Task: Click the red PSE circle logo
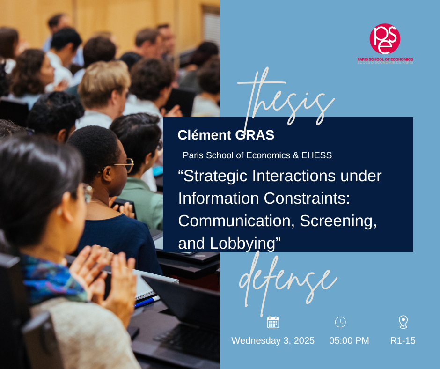coord(385,39)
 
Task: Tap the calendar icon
coord(273,322)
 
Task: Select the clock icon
coord(340,322)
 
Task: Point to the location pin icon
coord(403,322)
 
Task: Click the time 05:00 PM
coord(349,340)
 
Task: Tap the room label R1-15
coord(403,340)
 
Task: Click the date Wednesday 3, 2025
coord(273,340)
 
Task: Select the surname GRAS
coord(255,135)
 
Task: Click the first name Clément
coord(204,135)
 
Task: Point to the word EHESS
coord(316,155)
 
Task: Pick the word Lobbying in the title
coord(242,243)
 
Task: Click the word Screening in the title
coord(338,221)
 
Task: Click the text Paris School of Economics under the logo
coord(385,59)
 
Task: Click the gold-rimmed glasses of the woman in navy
coord(121,165)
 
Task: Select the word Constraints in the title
coord(307,198)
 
